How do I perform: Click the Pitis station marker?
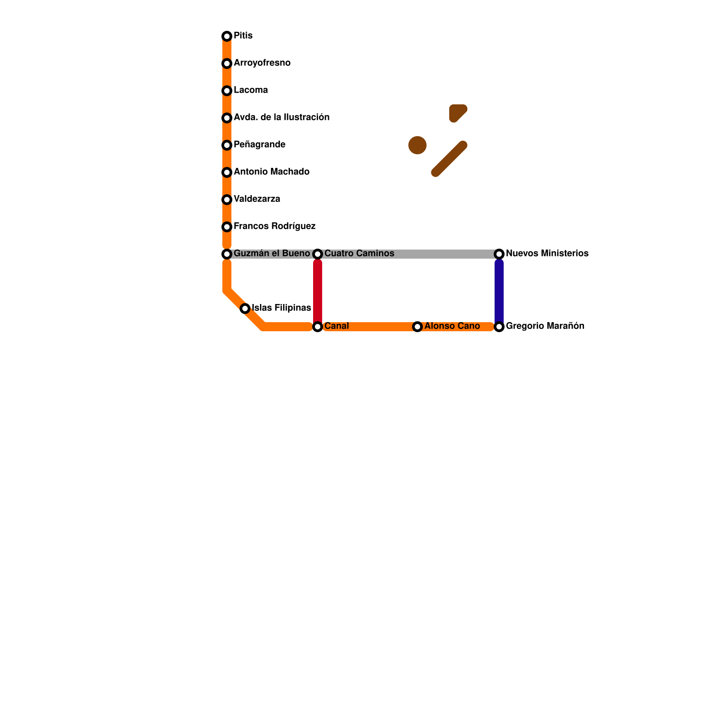pyautogui.click(x=227, y=36)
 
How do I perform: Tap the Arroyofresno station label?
pyautogui.click(x=262, y=63)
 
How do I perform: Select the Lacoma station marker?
pyautogui.click(x=227, y=91)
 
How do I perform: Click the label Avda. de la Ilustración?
pyautogui.click(x=281, y=118)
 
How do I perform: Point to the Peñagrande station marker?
pyautogui.click(x=227, y=145)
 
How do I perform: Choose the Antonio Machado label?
pyautogui.click(x=271, y=172)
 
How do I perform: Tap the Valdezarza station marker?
pyautogui.click(x=227, y=200)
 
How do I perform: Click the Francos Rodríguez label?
pyautogui.click(x=275, y=226)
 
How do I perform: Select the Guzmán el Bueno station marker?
pyautogui.click(x=227, y=254)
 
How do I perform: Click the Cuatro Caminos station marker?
pyautogui.click(x=318, y=254)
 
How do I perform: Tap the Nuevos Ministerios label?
pyautogui.click(x=547, y=254)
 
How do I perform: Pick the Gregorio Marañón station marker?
pyautogui.click(x=499, y=327)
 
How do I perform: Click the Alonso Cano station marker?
pyautogui.click(x=417, y=327)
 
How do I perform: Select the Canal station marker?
pyautogui.click(x=318, y=327)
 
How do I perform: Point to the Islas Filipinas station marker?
pyautogui.click(x=245, y=309)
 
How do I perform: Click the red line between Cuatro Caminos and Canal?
pyautogui.click(x=318, y=290)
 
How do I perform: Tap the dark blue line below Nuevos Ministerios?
pyautogui.click(x=499, y=290)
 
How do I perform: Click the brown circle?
pyautogui.click(x=417, y=145)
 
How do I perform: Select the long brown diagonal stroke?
pyautogui.click(x=449, y=159)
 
